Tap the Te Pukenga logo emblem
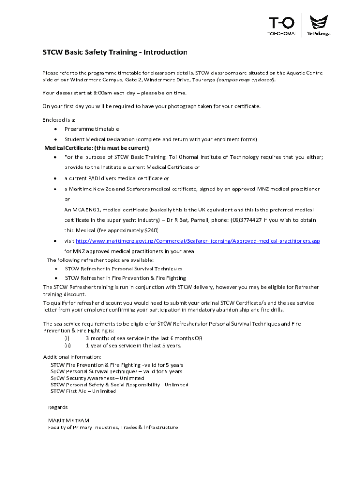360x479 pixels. (319, 22)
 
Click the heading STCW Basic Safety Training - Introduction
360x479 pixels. (115, 52)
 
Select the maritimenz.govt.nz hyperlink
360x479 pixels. (198, 241)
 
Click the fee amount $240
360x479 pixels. (152, 230)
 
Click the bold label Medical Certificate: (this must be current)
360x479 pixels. (97, 148)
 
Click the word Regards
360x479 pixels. (58, 407)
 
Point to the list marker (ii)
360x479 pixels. (67, 346)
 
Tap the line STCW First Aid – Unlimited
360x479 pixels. (83, 391)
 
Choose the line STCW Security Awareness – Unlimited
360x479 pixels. (97, 378)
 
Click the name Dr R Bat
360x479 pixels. (185, 220)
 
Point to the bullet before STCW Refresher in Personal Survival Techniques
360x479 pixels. (56, 269)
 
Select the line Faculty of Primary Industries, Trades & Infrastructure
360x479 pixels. (113, 427)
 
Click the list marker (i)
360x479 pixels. (67, 338)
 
